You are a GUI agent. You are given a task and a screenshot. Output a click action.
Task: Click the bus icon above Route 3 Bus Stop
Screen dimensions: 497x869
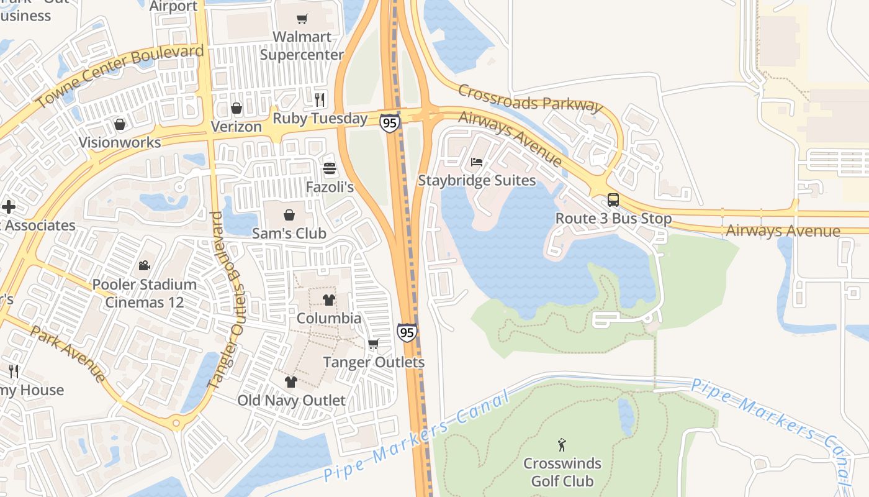coord(613,200)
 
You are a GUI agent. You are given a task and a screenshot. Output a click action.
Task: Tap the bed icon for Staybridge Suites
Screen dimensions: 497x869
coord(477,162)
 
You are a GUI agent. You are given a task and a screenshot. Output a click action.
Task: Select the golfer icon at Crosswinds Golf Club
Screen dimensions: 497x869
coord(562,445)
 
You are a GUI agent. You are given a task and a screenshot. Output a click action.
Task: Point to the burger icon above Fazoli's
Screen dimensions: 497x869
coord(329,168)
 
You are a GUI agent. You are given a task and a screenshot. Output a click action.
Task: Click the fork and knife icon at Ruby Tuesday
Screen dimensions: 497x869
coord(320,99)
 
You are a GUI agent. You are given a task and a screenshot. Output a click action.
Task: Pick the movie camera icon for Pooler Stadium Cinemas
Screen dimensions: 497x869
coord(144,265)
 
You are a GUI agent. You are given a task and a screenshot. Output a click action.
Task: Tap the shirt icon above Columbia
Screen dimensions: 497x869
coord(328,300)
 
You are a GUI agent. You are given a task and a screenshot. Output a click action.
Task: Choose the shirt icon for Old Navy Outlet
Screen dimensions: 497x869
coord(290,381)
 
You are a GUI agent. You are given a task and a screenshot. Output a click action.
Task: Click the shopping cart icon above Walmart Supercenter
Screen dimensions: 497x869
coord(302,19)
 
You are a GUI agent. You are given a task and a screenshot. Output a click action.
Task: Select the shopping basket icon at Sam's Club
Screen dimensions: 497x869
coord(289,215)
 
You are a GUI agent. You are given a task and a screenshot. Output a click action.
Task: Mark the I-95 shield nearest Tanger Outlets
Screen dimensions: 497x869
coord(407,332)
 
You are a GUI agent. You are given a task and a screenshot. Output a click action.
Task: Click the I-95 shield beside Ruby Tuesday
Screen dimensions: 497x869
coord(389,123)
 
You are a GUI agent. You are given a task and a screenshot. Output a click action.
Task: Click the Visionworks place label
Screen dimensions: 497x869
coord(120,142)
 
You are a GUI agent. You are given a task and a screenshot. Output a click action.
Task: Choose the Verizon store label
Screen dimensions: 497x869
coord(236,127)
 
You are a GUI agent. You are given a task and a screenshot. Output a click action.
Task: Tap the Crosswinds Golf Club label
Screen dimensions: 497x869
coord(562,472)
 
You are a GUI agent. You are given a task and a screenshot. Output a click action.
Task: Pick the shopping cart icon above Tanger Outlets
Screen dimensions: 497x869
coord(373,344)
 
